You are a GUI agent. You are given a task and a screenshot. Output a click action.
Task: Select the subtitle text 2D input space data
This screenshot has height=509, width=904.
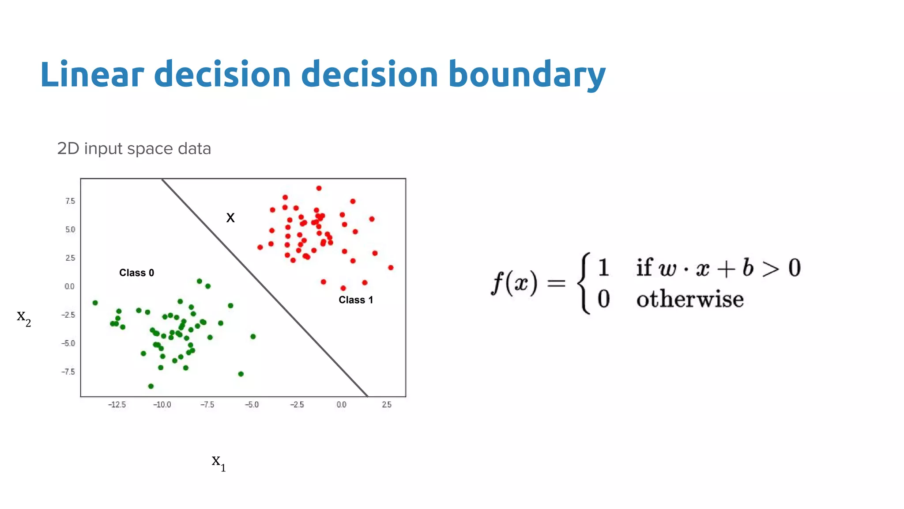pos(134,148)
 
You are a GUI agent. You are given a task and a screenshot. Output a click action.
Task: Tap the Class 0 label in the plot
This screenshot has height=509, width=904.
pos(136,273)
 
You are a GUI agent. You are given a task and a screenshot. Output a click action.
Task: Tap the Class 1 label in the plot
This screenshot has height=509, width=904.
pos(355,300)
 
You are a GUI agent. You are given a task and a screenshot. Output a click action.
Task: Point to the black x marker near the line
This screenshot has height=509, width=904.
pos(230,217)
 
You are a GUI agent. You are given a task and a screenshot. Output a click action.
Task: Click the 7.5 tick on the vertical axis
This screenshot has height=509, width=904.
pos(70,201)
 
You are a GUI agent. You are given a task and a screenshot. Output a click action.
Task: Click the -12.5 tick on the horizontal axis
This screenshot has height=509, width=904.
pos(117,405)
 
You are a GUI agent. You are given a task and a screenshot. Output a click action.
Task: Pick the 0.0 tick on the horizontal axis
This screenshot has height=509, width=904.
pos(341,405)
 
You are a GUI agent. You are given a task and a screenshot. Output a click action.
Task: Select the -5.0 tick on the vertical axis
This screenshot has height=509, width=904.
pos(68,343)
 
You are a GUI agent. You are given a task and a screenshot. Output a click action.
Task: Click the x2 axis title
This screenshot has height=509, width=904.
pos(23,317)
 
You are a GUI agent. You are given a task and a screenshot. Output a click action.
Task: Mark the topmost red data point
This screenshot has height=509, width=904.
pos(319,188)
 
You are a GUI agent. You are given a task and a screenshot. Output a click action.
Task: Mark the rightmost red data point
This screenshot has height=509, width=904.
pos(391,268)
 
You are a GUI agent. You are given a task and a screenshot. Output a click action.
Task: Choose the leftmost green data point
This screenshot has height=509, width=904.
pos(95,303)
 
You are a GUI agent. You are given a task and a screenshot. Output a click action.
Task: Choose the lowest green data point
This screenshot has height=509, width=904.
pos(151,386)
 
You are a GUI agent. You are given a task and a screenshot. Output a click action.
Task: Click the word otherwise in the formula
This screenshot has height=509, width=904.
pos(689,299)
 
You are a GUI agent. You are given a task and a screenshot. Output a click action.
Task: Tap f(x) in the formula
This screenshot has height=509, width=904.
pos(514,282)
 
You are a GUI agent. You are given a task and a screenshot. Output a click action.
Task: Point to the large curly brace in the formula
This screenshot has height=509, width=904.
pos(585,283)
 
